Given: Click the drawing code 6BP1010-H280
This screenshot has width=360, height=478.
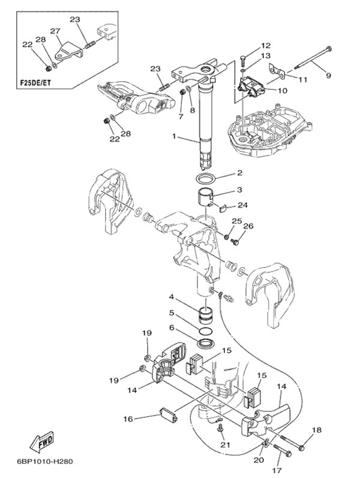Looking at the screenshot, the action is point(45,461).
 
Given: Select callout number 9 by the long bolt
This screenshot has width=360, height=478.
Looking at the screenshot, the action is point(328,75).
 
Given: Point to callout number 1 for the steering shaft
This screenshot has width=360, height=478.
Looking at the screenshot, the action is point(174,136).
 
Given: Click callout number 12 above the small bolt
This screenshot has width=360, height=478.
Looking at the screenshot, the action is point(266,46).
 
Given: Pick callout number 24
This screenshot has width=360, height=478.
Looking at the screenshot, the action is point(243,205).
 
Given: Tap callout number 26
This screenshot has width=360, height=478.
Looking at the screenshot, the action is point(248,226).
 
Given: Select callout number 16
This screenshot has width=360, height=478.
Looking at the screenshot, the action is point(128,419).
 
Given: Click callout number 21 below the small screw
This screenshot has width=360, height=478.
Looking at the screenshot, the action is point(226,445).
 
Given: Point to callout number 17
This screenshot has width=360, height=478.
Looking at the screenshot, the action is point(277,470).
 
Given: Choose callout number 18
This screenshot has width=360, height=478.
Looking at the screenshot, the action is point(317,430).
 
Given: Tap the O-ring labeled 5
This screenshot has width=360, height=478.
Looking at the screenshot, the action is point(206,331).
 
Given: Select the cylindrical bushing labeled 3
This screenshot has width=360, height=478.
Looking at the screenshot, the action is point(203,198).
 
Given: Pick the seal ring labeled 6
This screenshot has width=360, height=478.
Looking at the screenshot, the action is point(206,343).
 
